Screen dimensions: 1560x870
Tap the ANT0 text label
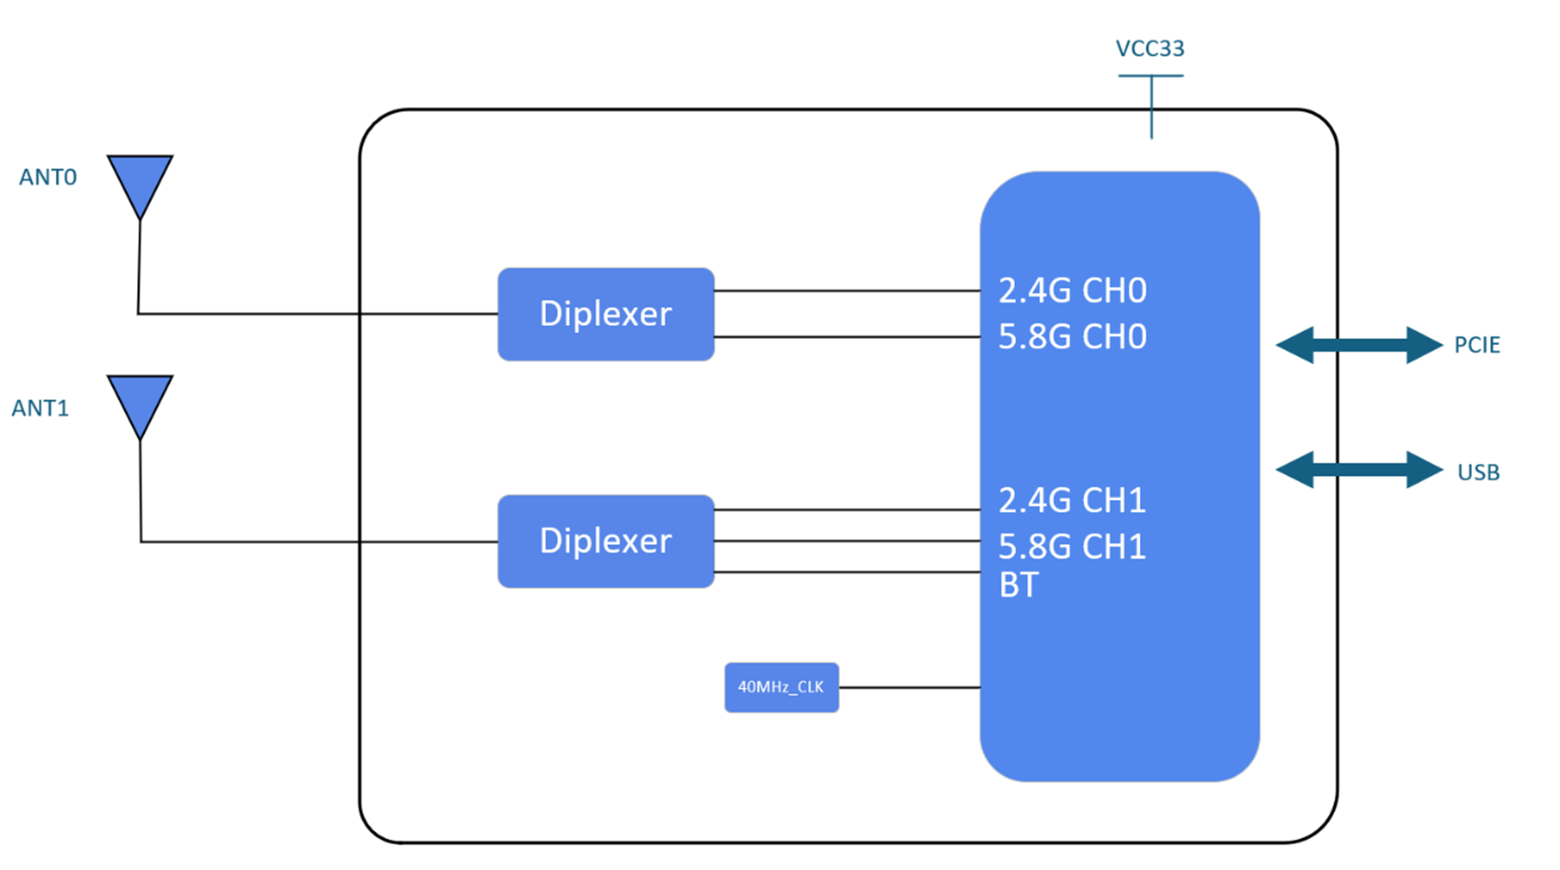click(48, 177)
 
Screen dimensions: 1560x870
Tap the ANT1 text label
click(40, 408)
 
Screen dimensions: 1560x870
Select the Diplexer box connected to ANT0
click(605, 314)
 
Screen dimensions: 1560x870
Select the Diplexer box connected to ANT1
click(605, 541)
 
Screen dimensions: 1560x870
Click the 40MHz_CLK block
click(781, 687)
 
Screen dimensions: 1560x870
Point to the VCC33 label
click(1149, 48)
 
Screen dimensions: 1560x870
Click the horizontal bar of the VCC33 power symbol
click(1151, 76)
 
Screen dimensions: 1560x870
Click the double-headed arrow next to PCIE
click(1359, 345)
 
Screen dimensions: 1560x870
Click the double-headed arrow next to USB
click(1359, 469)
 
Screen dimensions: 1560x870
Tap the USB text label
click(1478, 472)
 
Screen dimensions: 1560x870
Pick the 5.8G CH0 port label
click(1072, 336)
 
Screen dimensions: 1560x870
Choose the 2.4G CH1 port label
click(1072, 500)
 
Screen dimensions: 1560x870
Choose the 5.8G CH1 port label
click(1072, 546)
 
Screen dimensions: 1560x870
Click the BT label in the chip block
click(1019, 585)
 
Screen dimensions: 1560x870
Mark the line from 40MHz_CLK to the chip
click(909, 687)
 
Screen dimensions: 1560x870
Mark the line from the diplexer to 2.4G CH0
click(847, 291)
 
